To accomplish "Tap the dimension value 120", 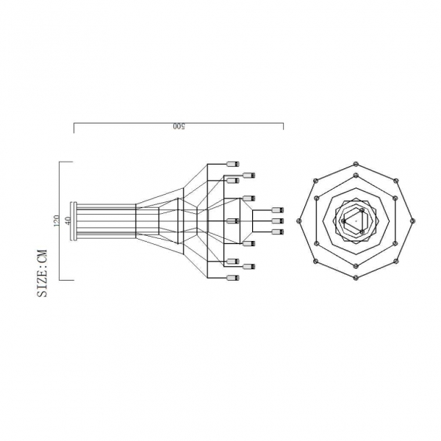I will (55, 220).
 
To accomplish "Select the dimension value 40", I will (68, 220).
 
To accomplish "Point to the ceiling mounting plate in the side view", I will (72, 220).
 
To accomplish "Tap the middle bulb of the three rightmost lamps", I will (277, 220).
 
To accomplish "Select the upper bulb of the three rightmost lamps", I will (277, 209).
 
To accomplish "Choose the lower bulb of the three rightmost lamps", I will (277, 232).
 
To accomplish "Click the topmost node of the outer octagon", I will (356, 163).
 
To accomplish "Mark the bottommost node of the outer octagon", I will (356, 278).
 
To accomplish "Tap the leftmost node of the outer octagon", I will (299, 220).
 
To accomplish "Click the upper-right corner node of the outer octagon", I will (397, 179).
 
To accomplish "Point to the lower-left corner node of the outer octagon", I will (316, 261).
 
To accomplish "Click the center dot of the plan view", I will (356, 220).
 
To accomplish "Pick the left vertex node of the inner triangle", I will (343, 220).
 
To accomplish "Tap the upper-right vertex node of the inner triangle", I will (363, 209).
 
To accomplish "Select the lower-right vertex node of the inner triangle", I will (363, 232).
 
